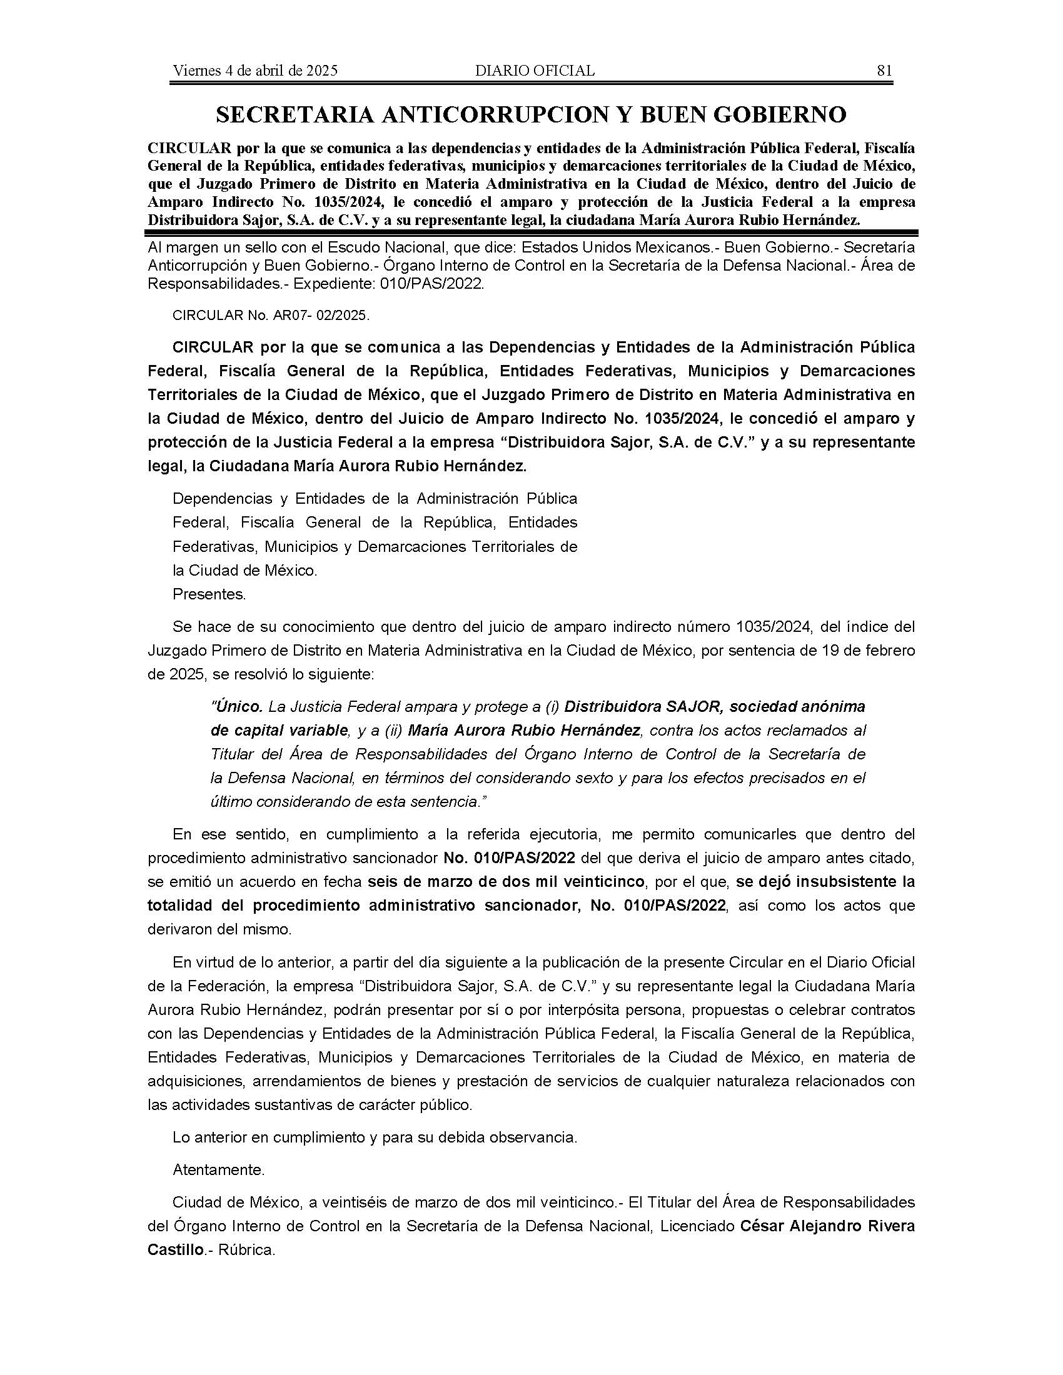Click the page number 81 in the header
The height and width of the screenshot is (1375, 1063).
884,71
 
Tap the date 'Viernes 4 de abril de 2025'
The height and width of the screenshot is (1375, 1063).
255,71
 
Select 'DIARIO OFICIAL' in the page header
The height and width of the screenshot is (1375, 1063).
535,71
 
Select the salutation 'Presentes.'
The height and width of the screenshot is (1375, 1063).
209,594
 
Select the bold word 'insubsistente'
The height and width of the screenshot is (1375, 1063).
830,882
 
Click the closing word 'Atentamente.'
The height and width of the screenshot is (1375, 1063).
218,1170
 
